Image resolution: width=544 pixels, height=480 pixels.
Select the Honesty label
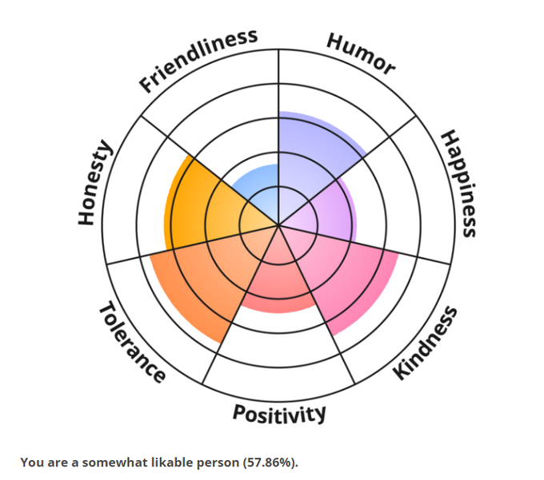[95, 183]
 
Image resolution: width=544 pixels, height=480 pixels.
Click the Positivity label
[279, 413]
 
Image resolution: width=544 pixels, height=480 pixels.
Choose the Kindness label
[427, 342]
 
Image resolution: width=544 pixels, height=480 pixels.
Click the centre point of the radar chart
[278, 224]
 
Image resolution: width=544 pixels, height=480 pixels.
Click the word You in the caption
[31, 462]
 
